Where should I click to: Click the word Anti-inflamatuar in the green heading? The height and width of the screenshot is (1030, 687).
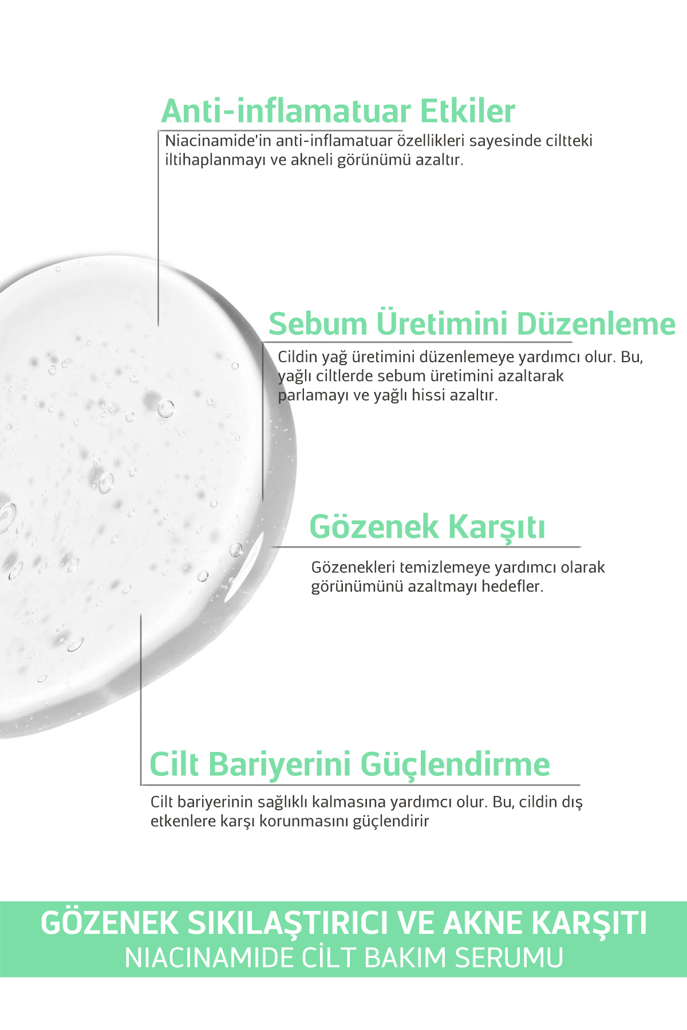tap(286, 111)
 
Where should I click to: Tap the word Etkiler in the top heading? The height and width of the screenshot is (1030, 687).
tap(467, 111)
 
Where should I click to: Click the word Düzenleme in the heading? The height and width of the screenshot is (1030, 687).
tap(595, 324)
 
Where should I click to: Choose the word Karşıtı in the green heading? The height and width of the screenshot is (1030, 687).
tap(496, 528)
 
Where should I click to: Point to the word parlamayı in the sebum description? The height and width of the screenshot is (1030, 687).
tap(314, 395)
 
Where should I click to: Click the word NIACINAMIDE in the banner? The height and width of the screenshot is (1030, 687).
tap(208, 958)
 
